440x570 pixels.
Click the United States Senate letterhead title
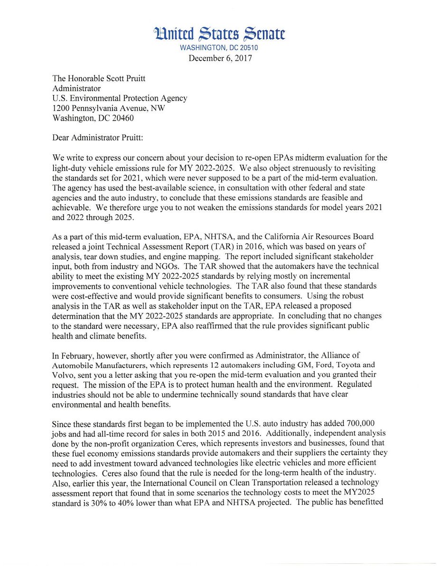coord(220,34)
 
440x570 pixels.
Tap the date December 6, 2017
coord(220,58)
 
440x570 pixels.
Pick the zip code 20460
coord(121,118)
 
